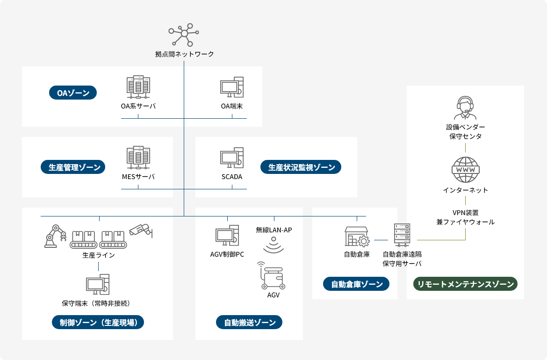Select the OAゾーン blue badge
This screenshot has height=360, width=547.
[73, 93]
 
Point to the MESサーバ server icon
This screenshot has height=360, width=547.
[138, 158]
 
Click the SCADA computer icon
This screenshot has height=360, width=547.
[232, 158]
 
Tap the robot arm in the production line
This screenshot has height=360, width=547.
[55, 236]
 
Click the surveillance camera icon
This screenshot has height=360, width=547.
[141, 230]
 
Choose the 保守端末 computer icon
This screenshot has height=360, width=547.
[98, 284]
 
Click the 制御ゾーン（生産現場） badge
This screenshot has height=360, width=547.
[98, 322]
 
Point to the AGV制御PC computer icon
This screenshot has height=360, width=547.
[227, 236]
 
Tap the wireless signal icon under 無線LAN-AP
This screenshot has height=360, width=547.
[273, 245]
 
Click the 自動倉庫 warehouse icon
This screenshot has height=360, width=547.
[357, 237]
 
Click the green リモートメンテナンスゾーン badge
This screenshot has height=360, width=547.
[465, 284]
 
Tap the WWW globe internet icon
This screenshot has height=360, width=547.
[465, 170]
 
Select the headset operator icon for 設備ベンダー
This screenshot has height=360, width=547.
[465, 108]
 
